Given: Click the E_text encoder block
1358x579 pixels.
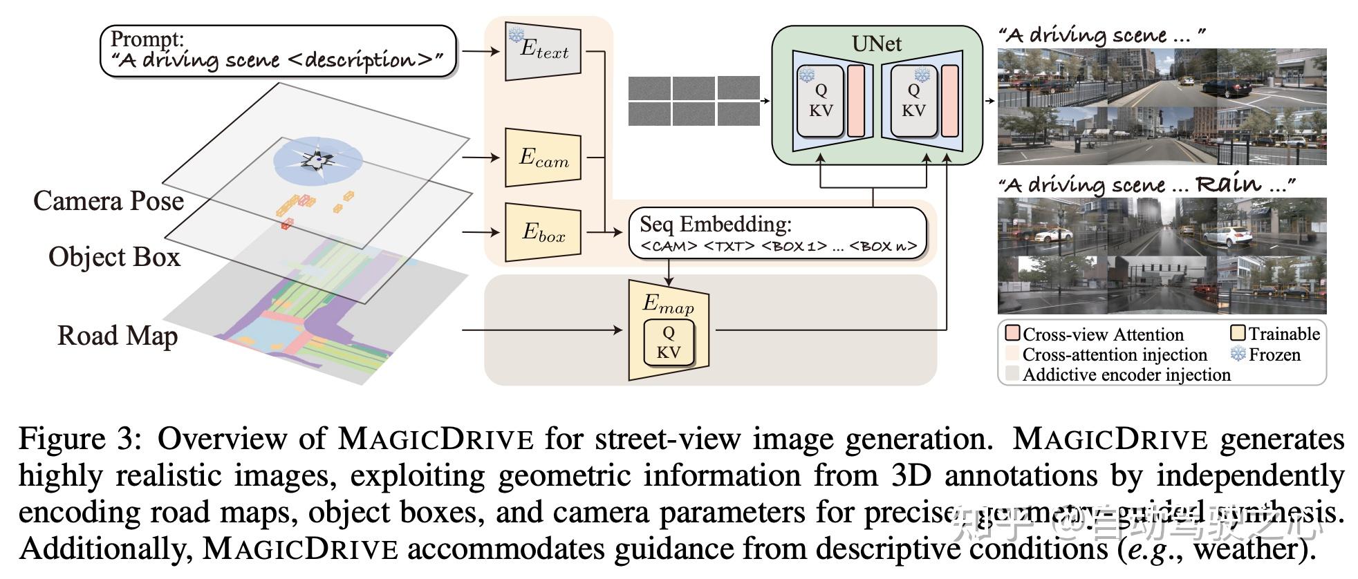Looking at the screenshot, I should pyautogui.click(x=543, y=50).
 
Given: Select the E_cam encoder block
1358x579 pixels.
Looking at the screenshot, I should pyautogui.click(x=543, y=158).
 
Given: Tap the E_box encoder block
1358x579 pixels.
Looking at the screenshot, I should pyautogui.click(x=543, y=232).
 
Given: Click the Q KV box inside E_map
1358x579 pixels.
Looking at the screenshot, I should pyautogui.click(x=668, y=343).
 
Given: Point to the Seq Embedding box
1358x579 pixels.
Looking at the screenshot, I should pyautogui.click(x=778, y=234).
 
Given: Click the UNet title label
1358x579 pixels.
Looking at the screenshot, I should pyautogui.click(x=876, y=44).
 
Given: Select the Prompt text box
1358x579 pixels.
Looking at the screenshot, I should pyautogui.click(x=278, y=50).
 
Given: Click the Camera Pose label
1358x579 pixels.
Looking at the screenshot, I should pyautogui.click(x=109, y=201).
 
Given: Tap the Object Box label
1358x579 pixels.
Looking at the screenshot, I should pyautogui.click(x=114, y=257).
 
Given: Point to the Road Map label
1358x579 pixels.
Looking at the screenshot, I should pyautogui.click(x=118, y=336).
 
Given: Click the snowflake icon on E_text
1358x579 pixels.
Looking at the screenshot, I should pyautogui.click(x=516, y=35).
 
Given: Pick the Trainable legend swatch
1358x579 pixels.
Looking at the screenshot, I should pyautogui.click(x=1238, y=334).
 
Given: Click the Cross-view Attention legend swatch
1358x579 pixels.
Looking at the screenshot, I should pyautogui.click(x=1012, y=334).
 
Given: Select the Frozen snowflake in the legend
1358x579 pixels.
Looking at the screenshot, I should pyautogui.click(x=1238, y=354).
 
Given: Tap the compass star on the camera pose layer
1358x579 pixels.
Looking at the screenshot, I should pyautogui.click(x=318, y=160).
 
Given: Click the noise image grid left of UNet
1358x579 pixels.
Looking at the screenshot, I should pyautogui.click(x=694, y=102).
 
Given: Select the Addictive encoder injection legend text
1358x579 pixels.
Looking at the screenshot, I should pyautogui.click(x=1126, y=374).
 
